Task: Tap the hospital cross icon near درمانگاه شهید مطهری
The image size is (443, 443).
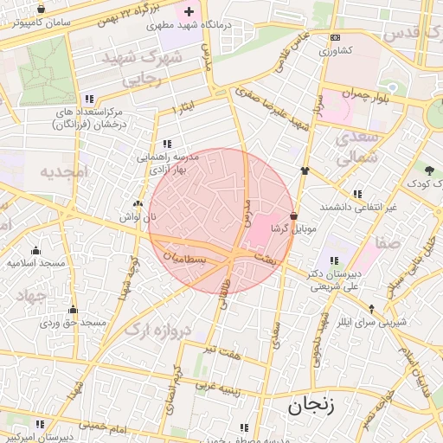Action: point(189,11)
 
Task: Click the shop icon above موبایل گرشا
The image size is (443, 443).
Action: point(294,215)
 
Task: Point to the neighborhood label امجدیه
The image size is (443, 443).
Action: point(63,172)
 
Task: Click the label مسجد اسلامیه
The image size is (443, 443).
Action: point(36,261)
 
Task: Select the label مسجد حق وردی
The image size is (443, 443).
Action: point(73,323)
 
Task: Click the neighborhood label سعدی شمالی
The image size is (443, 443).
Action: point(356,148)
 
